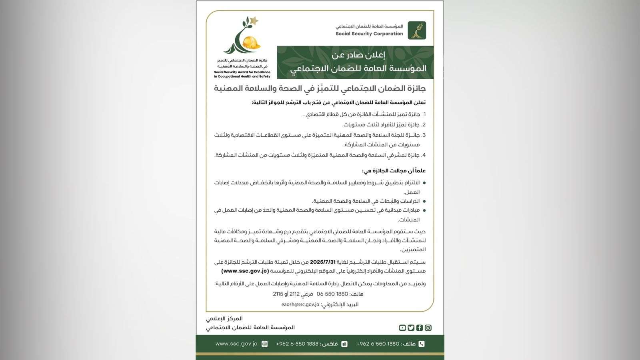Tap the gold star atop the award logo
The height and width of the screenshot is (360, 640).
pos(253,20)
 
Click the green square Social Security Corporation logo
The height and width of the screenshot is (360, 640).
pos(417,30)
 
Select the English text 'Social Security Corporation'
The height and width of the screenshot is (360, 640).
pos(369,34)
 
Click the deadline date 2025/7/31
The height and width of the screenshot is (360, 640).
pos(322,262)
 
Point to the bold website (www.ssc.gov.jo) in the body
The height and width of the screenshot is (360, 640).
pos(245,271)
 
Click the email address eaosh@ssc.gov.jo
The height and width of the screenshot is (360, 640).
pos(300,304)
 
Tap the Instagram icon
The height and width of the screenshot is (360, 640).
pos(428,328)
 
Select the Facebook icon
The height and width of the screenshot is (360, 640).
pos(420,328)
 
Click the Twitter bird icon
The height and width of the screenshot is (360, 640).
pos(411,328)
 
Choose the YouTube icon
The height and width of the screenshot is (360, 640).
pos(402,328)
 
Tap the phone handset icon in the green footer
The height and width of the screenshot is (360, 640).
pos(421,344)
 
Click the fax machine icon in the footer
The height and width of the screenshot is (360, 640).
pos(344,344)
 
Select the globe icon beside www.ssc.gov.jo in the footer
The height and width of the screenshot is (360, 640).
pos(264,344)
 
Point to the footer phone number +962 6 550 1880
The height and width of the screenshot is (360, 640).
pos(378,344)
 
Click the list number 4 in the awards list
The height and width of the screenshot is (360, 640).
pos(424,155)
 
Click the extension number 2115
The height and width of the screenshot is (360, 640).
pos(278,294)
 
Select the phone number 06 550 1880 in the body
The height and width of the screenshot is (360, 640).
pos(333,294)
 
